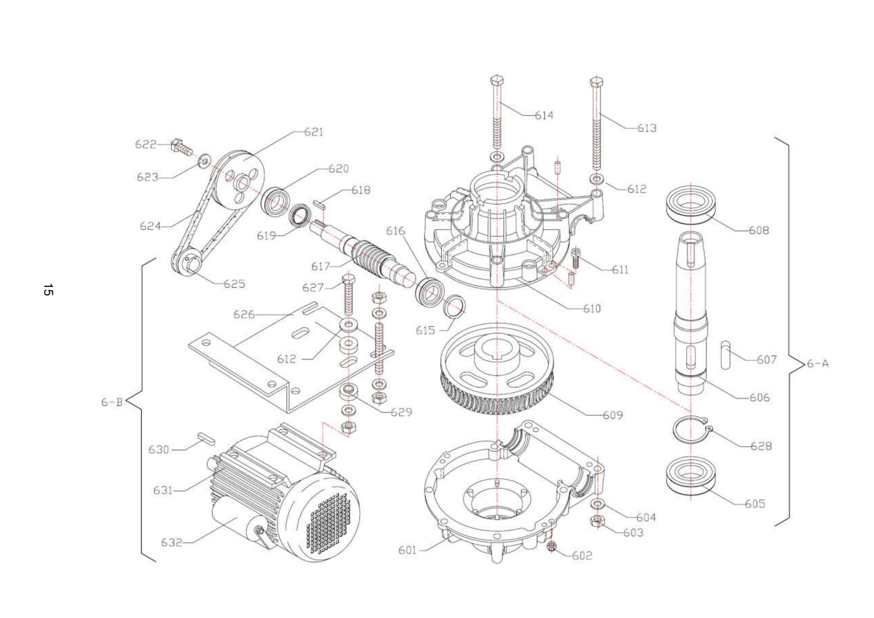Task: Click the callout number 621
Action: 314,132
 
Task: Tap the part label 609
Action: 613,415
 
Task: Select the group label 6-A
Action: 818,364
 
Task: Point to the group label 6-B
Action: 112,402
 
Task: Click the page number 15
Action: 48,290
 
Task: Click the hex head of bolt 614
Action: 497,80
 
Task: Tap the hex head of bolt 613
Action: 596,81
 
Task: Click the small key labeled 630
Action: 205,438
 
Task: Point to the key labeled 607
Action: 726,355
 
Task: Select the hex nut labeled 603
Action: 597,521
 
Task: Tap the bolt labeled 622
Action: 181,146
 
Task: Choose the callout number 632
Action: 171,542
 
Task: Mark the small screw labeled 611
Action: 576,257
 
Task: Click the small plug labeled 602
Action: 551,547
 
